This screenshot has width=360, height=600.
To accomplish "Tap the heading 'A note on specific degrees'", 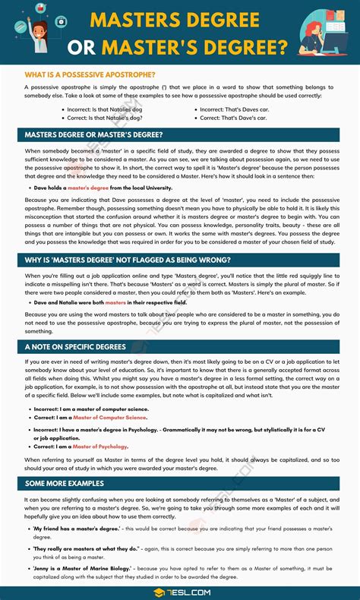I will (x=76, y=346).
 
